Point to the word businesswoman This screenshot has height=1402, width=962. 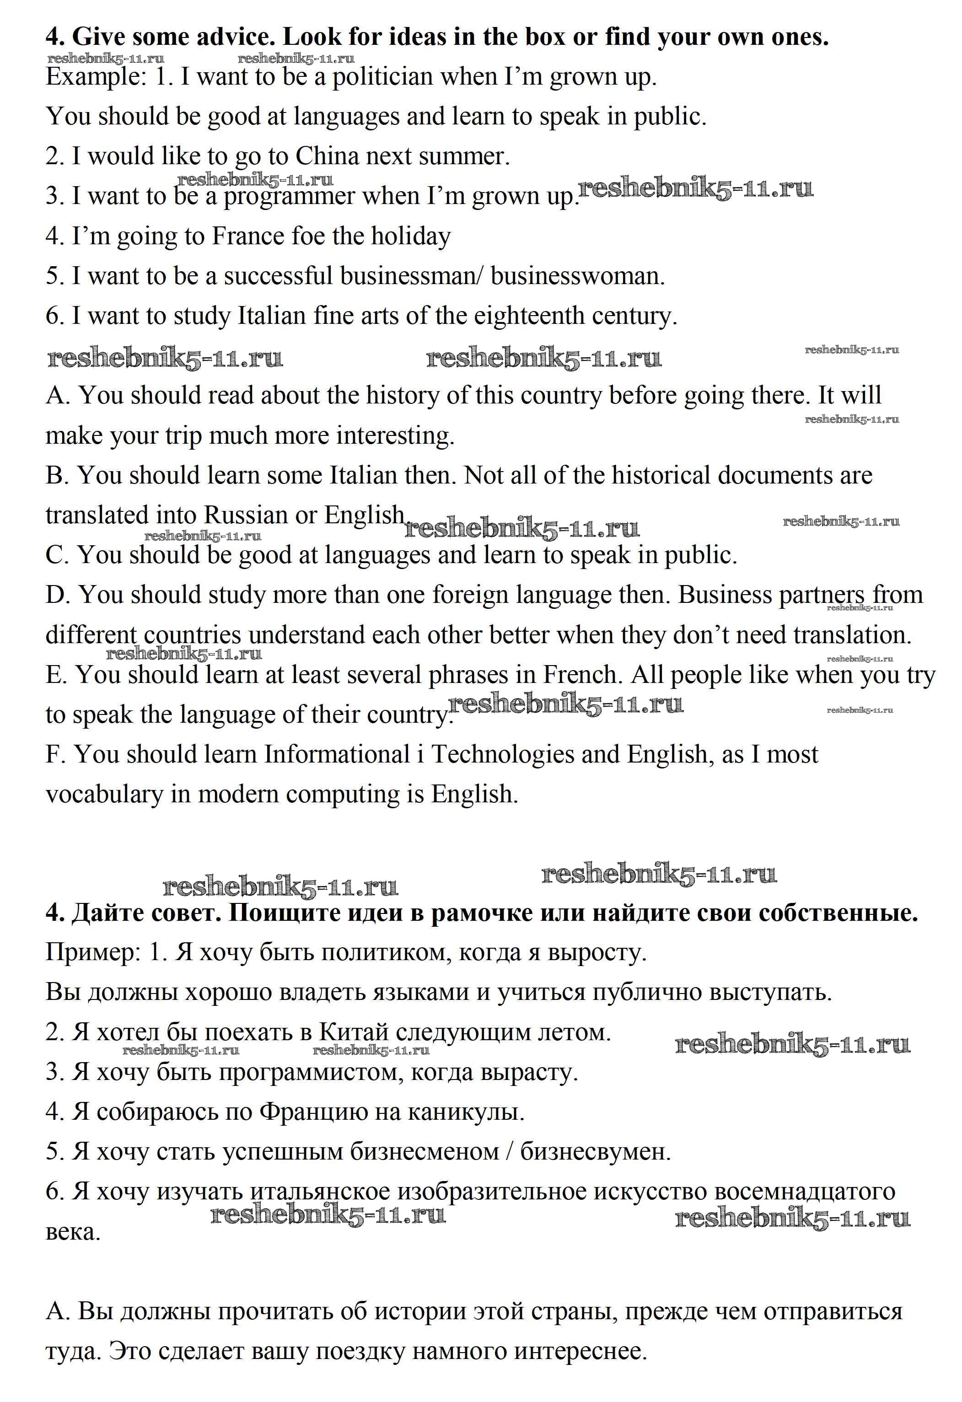coord(577,276)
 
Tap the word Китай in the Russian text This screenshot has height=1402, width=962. coord(353,1032)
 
